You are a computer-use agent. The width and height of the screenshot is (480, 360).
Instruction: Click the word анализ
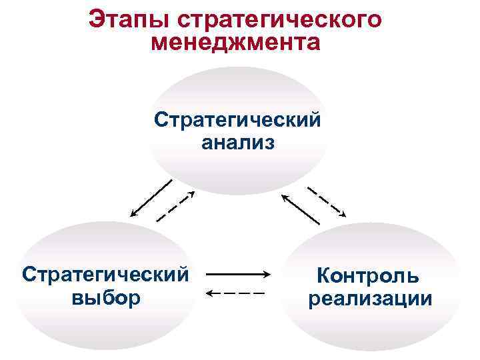pyautogui.click(x=237, y=142)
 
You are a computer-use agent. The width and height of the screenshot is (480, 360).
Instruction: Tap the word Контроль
pyautogui.click(x=369, y=274)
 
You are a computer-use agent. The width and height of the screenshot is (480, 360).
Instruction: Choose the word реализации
pyautogui.click(x=370, y=298)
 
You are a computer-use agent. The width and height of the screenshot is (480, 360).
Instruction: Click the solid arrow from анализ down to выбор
pyautogui.click(x=151, y=198)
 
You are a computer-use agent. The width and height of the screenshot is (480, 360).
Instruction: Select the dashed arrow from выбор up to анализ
pyautogui.click(x=175, y=206)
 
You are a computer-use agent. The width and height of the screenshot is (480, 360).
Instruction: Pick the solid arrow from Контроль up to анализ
pyautogui.click(x=301, y=209)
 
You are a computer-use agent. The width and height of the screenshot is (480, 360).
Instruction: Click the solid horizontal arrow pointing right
pyautogui.click(x=237, y=274)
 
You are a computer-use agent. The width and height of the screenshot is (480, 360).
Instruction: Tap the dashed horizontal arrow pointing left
pyautogui.click(x=237, y=293)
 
